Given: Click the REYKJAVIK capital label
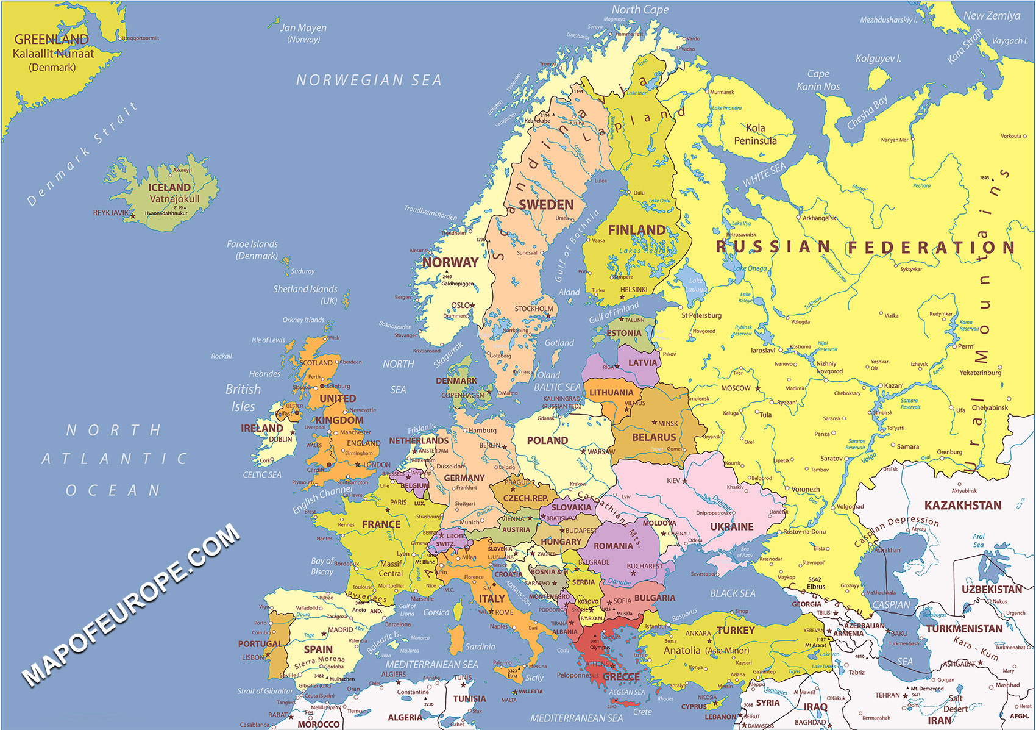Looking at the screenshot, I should click(x=110, y=213).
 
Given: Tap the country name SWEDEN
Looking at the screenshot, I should click(x=546, y=205).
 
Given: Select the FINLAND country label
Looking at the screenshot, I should click(x=637, y=230).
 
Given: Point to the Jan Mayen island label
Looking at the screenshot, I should click(x=303, y=28).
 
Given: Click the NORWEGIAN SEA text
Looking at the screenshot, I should click(x=369, y=80).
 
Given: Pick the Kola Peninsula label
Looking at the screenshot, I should click(x=755, y=134).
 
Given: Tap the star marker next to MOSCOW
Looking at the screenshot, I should click(x=758, y=388).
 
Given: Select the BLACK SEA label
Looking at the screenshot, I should click(x=733, y=593).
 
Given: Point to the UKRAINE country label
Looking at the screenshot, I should click(x=731, y=526).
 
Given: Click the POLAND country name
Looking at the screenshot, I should click(x=547, y=440).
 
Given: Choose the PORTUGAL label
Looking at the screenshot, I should click(x=260, y=643).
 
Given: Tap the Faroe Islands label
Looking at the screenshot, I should click(x=252, y=244).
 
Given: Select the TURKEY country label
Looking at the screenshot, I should click(x=736, y=630).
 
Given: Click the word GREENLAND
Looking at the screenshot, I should click(x=52, y=40).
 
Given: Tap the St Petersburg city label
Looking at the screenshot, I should click(x=701, y=315).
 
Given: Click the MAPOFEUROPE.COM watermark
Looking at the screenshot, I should click(x=131, y=604).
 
